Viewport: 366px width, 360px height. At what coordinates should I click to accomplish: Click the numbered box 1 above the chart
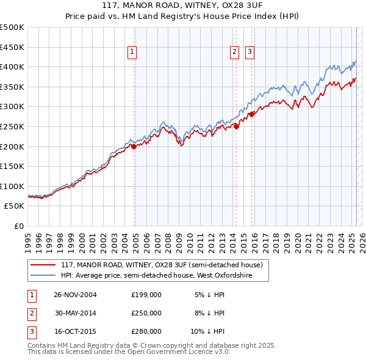(x=132, y=52)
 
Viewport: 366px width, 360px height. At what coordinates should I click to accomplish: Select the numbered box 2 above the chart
(x=234, y=52)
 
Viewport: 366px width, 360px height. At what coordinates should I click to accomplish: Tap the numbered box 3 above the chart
(x=250, y=52)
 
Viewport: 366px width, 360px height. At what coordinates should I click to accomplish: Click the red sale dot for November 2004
(x=134, y=146)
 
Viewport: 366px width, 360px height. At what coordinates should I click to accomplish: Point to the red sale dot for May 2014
(x=236, y=126)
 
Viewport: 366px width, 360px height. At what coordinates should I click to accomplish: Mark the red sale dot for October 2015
(x=251, y=114)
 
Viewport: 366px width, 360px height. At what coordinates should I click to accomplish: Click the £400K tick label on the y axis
(x=12, y=67)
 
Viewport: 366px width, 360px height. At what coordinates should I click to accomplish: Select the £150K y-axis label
(x=12, y=166)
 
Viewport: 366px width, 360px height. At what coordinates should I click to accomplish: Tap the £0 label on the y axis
(x=18, y=226)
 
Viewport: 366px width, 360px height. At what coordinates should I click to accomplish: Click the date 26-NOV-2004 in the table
(x=76, y=295)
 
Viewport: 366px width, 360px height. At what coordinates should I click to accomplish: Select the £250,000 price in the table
(x=146, y=313)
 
